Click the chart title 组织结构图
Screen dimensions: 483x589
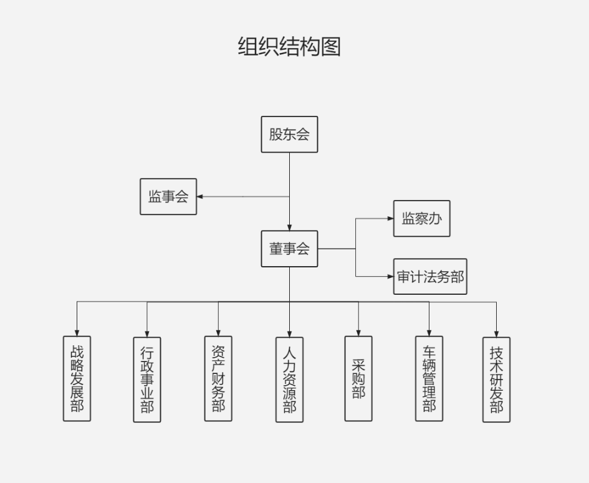click(289, 47)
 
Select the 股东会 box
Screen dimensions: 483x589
click(289, 134)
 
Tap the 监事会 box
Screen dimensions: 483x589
click(168, 196)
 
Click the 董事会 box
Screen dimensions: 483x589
click(289, 249)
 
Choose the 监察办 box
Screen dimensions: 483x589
click(421, 219)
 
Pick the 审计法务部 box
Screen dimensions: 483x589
click(430, 277)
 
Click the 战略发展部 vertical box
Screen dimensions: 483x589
click(77, 378)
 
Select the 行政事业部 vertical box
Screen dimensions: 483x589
click(147, 380)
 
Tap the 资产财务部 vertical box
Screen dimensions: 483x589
click(218, 378)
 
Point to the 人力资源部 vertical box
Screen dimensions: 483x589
click(289, 380)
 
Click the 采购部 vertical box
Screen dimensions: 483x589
click(358, 378)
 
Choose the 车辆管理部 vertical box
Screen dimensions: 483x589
click(429, 378)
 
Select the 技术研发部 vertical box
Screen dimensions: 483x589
click(496, 380)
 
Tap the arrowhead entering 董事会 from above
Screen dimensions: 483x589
click(289, 227)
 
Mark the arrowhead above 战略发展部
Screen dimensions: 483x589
click(77, 333)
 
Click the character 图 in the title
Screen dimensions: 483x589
click(331, 47)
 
